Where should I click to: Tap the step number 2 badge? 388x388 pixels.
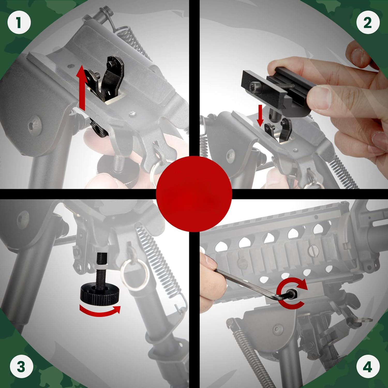[368, 23]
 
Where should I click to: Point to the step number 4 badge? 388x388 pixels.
[368, 367]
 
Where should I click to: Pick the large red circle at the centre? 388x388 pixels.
[194, 194]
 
